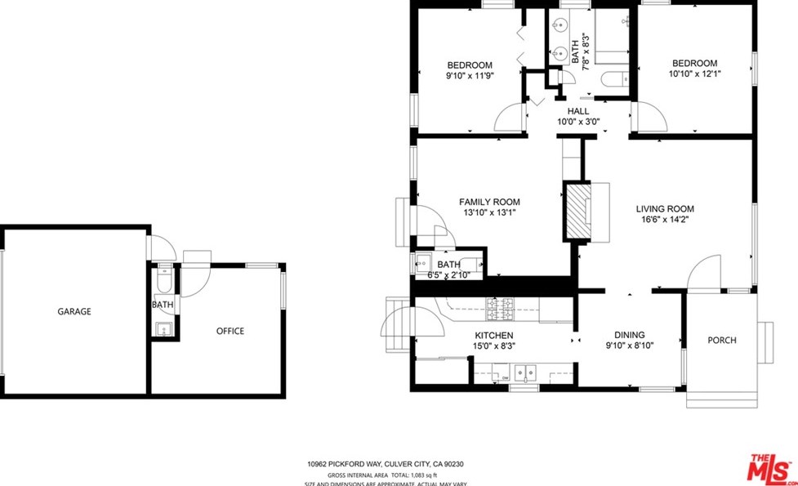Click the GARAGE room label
coord(74,311)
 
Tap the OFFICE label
coord(230,331)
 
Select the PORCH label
coord(721,340)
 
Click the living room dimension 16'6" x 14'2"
coord(665,219)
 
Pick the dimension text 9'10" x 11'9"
coord(470,75)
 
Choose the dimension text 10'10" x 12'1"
coord(694,73)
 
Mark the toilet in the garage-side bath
coord(163,282)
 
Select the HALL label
coord(578,111)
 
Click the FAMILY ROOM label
coord(489,202)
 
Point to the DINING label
coord(630,335)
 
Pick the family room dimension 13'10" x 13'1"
coord(488,212)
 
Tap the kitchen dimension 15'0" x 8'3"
coord(494,346)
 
